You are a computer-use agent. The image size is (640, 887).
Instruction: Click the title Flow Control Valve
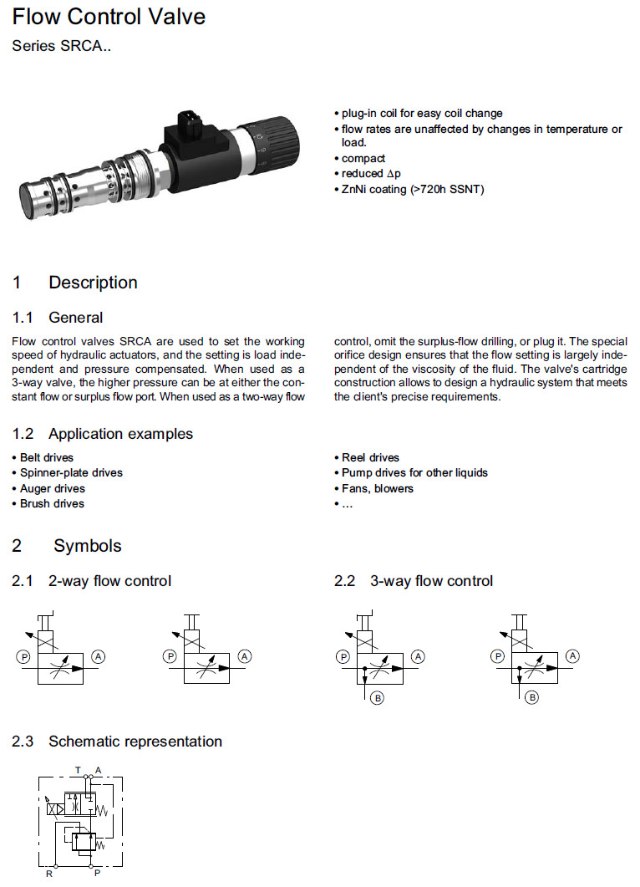[x=109, y=17]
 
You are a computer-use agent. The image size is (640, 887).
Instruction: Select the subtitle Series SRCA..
[x=61, y=47]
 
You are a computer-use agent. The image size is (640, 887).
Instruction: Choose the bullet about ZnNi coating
[x=413, y=189]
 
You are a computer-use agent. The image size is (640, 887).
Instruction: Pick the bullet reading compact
[x=363, y=159]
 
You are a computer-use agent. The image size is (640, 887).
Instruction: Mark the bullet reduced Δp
[x=370, y=174]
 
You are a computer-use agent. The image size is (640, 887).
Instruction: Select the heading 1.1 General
[x=58, y=318]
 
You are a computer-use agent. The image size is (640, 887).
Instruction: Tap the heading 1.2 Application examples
[x=103, y=434]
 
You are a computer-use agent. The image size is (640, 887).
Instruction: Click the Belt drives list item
[x=46, y=458]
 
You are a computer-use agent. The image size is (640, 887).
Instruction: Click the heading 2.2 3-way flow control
[x=414, y=581]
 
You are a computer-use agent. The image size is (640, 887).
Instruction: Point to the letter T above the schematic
[x=78, y=769]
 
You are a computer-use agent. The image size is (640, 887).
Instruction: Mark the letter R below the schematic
[x=49, y=874]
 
